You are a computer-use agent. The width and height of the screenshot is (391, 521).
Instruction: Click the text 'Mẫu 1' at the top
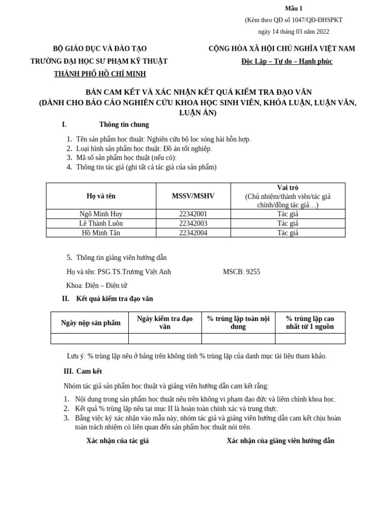tap(293, 8)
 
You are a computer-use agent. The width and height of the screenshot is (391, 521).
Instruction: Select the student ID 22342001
tap(193, 214)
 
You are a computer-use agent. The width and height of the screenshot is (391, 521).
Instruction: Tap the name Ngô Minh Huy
tap(101, 214)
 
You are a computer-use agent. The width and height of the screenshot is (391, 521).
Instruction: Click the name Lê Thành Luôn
tap(101, 223)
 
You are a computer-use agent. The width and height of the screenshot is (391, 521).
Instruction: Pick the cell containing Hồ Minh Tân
tap(101, 233)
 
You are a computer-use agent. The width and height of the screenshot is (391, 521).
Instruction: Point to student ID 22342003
tap(193, 223)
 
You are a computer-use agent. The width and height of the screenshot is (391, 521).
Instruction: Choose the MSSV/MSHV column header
tap(193, 196)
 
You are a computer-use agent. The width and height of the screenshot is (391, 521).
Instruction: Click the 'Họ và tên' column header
tap(101, 196)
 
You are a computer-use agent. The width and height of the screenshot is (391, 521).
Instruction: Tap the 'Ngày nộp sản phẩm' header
tap(91, 323)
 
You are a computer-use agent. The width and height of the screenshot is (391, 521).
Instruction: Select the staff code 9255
tap(253, 272)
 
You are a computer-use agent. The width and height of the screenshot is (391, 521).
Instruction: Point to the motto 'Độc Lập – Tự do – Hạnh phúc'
tap(287, 62)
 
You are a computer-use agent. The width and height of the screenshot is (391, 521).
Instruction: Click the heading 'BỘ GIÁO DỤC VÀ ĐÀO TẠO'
tap(100, 49)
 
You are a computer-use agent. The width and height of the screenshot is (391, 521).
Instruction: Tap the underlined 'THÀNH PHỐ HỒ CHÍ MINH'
tap(100, 74)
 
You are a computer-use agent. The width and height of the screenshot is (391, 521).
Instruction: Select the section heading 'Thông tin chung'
tap(124, 125)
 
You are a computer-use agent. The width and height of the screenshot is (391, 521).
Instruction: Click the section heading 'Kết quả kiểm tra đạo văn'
tap(115, 299)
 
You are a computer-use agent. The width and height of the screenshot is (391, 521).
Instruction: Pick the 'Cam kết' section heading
tap(89, 371)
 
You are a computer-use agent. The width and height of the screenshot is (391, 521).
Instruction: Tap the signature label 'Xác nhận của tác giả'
tap(118, 441)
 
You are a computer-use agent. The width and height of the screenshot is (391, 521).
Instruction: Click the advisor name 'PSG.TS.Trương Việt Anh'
tap(134, 272)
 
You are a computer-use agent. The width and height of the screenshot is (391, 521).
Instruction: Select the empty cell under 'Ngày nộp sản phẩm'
tap(90, 338)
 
